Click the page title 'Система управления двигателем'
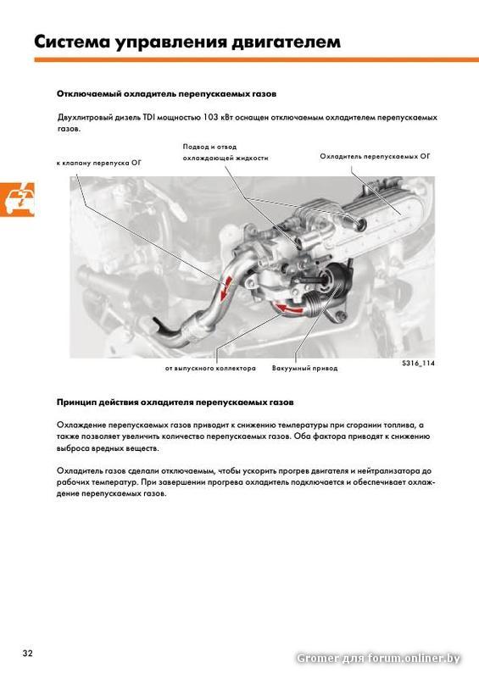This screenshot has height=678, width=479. (x=187, y=42)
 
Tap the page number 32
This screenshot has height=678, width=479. (x=27, y=653)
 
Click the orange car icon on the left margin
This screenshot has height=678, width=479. (x=17, y=199)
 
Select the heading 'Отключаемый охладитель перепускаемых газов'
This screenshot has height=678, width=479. (x=166, y=94)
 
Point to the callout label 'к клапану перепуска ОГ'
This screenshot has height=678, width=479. (x=98, y=163)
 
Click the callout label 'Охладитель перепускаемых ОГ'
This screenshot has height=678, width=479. (x=376, y=156)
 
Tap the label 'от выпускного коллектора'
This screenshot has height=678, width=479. (x=210, y=369)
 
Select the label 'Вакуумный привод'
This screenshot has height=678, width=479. (x=304, y=369)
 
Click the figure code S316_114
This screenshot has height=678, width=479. (x=418, y=364)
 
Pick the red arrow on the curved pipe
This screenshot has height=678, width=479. (x=225, y=288)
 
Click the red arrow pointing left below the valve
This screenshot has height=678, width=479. (x=290, y=308)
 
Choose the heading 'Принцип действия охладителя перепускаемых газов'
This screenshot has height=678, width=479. (x=175, y=402)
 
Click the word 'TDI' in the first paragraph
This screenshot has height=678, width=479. (x=149, y=117)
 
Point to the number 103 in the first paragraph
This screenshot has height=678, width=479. (x=210, y=117)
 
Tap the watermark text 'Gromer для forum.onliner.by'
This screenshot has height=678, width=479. (x=378, y=659)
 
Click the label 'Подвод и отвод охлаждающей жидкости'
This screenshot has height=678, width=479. (x=226, y=153)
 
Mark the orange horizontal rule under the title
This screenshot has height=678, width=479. (x=257, y=60)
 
